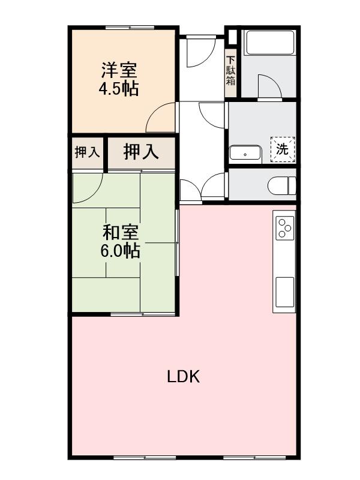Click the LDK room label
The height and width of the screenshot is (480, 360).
(x=183, y=377)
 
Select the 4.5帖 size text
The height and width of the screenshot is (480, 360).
(x=119, y=89)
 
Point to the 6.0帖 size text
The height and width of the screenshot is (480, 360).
(x=120, y=251)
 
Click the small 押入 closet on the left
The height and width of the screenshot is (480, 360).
(x=87, y=152)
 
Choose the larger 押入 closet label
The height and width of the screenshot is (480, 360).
(x=141, y=152)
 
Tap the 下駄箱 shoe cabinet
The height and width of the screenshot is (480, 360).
(x=231, y=71)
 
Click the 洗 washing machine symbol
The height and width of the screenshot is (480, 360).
(x=282, y=149)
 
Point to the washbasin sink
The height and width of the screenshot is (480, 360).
(x=245, y=154)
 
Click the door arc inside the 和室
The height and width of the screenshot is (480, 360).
(x=89, y=189)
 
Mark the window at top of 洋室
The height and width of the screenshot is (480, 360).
(x=128, y=27)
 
